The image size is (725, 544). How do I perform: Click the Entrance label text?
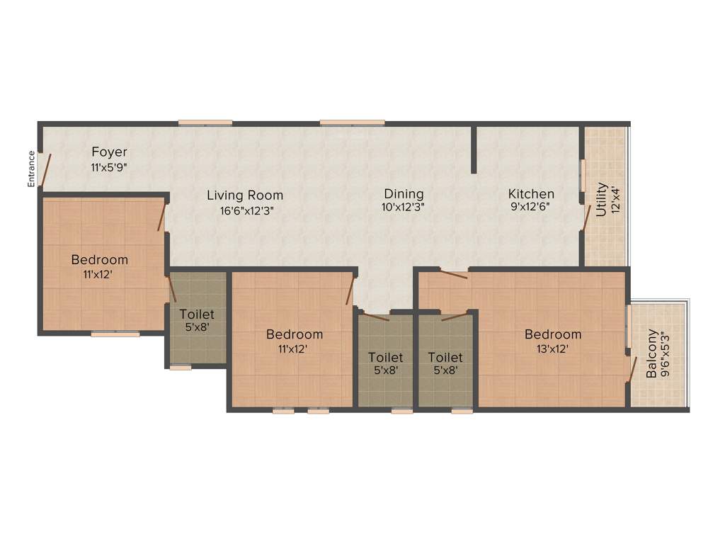[31, 169]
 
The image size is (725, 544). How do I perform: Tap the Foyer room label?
[109, 152]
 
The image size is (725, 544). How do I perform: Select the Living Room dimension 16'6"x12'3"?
[244, 210]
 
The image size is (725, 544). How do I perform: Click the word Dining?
[404, 193]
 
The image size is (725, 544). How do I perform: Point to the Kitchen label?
[531, 193]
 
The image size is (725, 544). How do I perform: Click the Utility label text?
[601, 199]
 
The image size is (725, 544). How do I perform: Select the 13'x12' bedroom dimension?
[553, 348]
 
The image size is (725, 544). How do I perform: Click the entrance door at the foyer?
[45, 170]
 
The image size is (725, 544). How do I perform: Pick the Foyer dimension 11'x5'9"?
[109, 168]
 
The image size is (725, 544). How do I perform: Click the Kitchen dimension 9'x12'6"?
[531, 208]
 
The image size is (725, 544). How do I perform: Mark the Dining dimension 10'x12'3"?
[404, 208]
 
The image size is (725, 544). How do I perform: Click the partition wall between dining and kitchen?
[473, 149]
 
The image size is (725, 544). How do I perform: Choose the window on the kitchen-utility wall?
[583, 175]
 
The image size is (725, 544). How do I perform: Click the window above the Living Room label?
[205, 123]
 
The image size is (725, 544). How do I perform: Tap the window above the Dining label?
[352, 123]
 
